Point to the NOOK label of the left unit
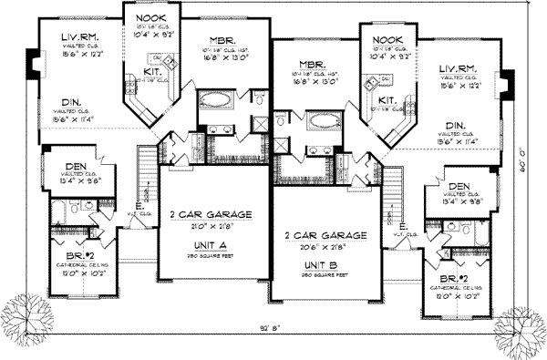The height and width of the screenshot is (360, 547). click(x=150, y=18)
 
